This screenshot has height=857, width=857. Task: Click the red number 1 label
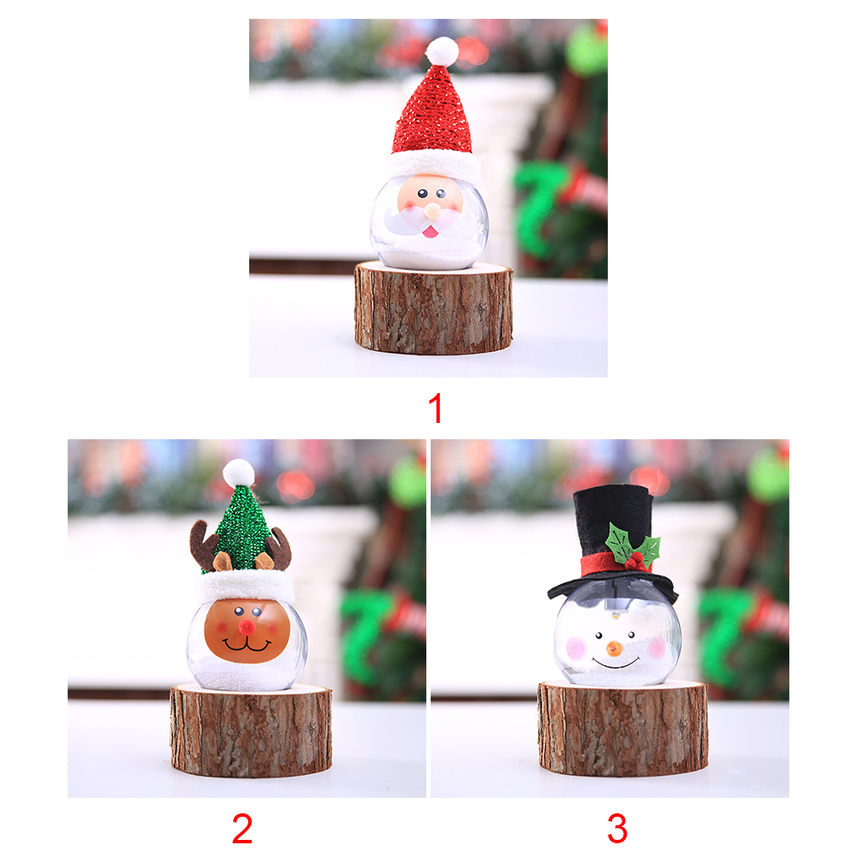(436, 409)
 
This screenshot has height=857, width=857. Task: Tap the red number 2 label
(242, 829)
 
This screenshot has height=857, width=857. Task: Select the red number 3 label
(617, 829)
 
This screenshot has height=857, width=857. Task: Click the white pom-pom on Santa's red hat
(442, 51)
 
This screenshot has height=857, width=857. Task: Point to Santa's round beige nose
(431, 210)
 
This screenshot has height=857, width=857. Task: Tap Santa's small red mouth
(430, 231)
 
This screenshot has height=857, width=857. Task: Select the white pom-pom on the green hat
(239, 473)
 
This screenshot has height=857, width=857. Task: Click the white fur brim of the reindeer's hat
(245, 586)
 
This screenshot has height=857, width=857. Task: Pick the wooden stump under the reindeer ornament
(251, 730)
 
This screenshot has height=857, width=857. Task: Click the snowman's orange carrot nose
(615, 648)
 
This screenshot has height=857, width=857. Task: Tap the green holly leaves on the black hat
(633, 545)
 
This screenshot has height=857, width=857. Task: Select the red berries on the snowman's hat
(634, 562)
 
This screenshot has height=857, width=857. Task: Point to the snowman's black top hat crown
(613, 522)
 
